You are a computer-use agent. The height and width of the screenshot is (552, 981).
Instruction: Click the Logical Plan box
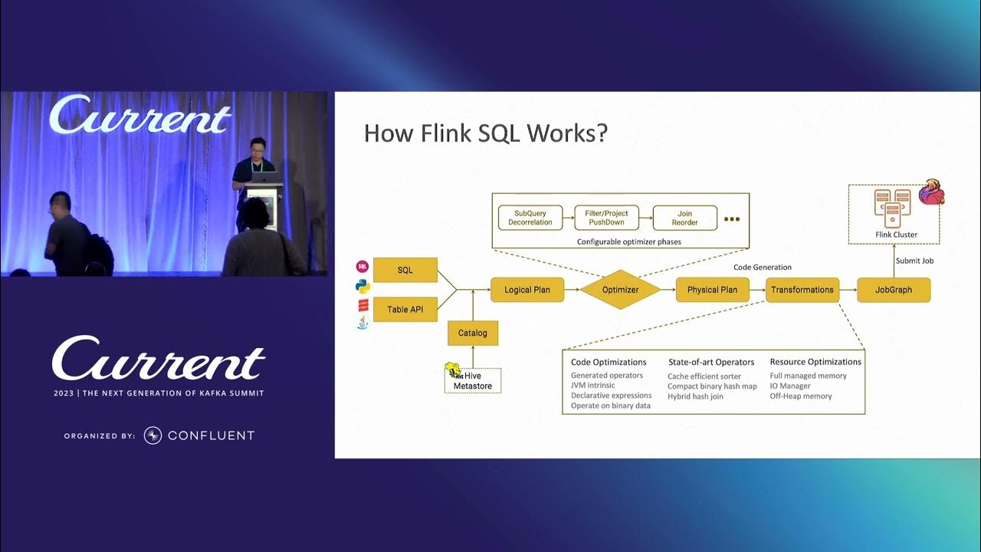[527, 290]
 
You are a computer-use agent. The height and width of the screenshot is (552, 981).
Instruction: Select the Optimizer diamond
[620, 290]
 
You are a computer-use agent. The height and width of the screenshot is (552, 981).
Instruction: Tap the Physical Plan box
[712, 290]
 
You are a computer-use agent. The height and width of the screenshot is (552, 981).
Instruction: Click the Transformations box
[802, 290]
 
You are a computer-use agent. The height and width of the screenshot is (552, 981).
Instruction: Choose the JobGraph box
[894, 290]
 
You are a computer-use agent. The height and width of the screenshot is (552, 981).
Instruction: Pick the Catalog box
[473, 333]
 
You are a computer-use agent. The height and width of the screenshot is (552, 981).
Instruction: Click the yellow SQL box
[405, 270]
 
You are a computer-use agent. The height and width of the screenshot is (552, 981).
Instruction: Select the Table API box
[405, 309]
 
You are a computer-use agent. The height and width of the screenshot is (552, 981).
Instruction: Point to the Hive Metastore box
[473, 381]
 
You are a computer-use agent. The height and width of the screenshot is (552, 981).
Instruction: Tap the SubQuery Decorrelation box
[530, 218]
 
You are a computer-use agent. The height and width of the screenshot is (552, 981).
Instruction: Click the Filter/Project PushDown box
[607, 218]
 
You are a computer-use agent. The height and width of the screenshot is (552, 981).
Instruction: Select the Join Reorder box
[684, 218]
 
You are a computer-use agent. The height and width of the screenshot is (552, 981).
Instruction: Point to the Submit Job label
[914, 261]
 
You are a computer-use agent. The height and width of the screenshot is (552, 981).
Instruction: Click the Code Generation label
[763, 267]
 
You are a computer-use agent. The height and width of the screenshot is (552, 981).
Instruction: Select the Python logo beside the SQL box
[363, 287]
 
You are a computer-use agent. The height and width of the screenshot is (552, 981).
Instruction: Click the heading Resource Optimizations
[815, 362]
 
